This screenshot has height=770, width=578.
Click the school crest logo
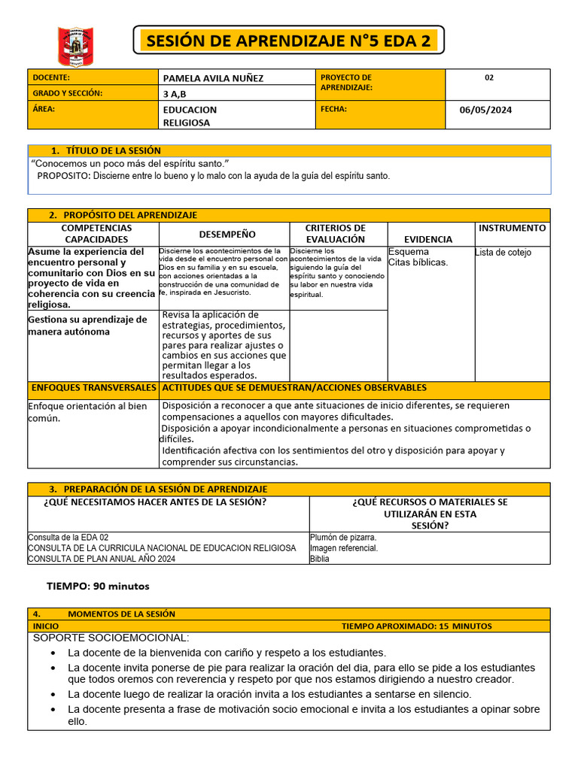coord(75,46)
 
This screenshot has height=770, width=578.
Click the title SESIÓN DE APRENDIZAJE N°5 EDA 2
coord(288,41)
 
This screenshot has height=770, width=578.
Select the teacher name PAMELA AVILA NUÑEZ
coord(213,78)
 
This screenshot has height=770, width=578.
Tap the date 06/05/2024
coord(485,110)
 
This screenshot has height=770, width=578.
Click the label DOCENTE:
coord(51,77)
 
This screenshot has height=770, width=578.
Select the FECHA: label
coord(333,109)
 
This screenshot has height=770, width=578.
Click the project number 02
coord(489,77)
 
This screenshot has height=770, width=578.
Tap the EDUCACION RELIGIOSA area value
coord(190,116)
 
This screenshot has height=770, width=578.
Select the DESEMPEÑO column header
coord(227,235)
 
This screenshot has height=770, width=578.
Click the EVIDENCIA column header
coord(427,239)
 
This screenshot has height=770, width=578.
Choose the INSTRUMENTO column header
coord(513,228)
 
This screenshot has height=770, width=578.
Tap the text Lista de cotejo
coord(503,253)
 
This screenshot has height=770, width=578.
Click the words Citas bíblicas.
coord(418,262)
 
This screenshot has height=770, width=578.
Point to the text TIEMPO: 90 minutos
coord(98,586)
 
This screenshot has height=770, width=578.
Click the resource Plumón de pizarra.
coord(343,538)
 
